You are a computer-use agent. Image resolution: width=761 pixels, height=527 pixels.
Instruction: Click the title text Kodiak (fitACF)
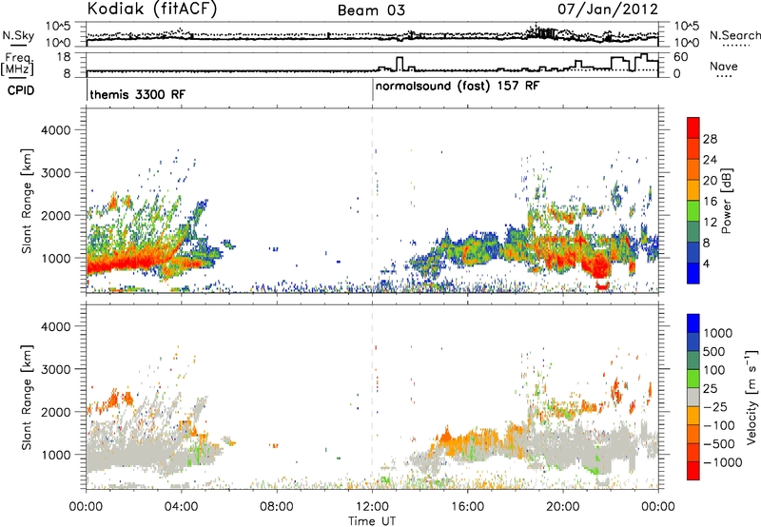(152, 9)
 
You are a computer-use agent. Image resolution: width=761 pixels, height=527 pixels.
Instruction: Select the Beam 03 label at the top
(371, 10)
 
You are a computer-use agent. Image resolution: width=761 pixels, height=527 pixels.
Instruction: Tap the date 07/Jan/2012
(608, 9)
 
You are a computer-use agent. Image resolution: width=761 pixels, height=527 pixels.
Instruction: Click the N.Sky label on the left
(18, 35)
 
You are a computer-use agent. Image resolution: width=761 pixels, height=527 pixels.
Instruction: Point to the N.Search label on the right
(735, 35)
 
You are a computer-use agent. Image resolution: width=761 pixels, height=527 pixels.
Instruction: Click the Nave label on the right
(724, 66)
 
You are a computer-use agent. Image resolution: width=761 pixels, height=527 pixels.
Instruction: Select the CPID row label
(21, 90)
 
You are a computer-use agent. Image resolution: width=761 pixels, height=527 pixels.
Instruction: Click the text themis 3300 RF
(137, 94)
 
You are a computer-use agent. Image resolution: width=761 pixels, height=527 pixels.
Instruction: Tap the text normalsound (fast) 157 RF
(458, 87)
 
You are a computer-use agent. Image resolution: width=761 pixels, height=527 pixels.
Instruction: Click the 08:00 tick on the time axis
(277, 507)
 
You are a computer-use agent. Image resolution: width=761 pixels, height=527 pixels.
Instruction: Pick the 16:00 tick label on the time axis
(467, 507)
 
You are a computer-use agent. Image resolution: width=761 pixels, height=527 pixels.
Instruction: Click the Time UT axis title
(372, 521)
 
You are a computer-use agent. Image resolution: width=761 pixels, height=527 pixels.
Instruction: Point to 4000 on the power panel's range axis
(56, 130)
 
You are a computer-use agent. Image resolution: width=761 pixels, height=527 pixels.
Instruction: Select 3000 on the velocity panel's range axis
(56, 369)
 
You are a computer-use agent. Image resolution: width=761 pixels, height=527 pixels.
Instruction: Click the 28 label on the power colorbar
(710, 139)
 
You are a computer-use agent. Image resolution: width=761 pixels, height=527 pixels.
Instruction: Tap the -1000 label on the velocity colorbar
(722, 462)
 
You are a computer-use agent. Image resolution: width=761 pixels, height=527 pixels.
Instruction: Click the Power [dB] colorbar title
(727, 201)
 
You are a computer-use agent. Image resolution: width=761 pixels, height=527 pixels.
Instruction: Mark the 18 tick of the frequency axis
(64, 57)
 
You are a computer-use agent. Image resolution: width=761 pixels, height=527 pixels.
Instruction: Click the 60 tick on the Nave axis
(680, 57)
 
